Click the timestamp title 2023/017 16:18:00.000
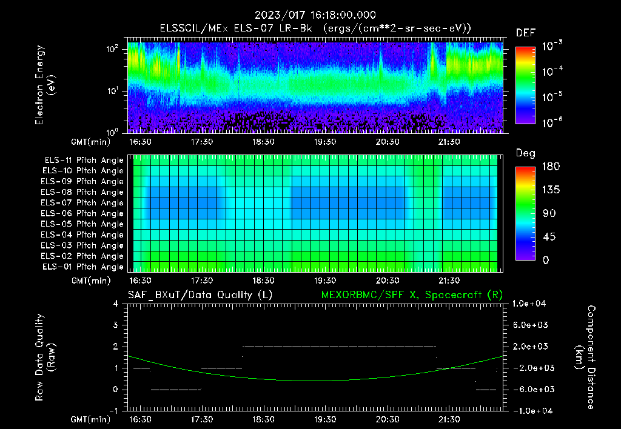pos(315,15)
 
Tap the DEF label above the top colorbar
pos(525,33)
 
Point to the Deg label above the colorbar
pos(525,153)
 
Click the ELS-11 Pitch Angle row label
pos(84,161)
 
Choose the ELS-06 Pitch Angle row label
pos(84,213)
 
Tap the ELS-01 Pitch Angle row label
pos(84,267)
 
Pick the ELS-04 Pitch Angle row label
pos(84,235)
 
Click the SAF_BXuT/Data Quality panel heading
pos(200,294)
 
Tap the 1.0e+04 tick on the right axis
pos(531,304)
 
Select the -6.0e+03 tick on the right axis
pos(531,389)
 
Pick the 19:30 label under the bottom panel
pos(325,419)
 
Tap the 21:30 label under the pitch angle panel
pos(449,281)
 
